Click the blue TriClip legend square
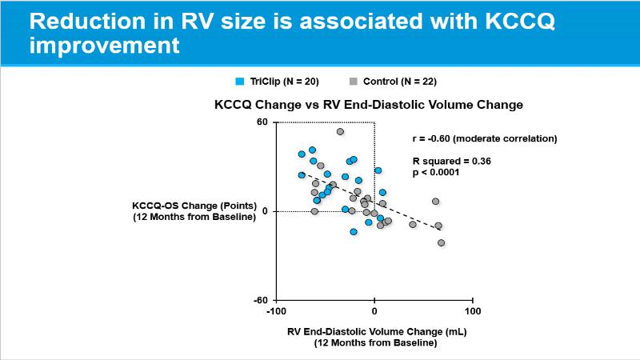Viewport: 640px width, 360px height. (x=239, y=82)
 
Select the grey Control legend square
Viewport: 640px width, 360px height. (x=353, y=82)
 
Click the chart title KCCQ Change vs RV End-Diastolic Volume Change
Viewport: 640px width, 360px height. (x=368, y=105)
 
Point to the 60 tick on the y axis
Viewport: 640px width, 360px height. (x=262, y=122)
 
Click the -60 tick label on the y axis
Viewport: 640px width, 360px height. (x=259, y=301)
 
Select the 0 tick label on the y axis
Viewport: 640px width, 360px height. (x=265, y=211)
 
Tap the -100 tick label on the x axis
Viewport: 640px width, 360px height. (x=276, y=310)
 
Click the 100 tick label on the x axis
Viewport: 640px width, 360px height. (x=472, y=310)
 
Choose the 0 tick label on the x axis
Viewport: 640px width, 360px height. (x=374, y=310)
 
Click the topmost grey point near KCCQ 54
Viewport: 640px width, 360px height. (x=340, y=132)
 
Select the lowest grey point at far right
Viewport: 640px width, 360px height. (x=441, y=242)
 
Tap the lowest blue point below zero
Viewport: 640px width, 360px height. (x=354, y=232)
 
